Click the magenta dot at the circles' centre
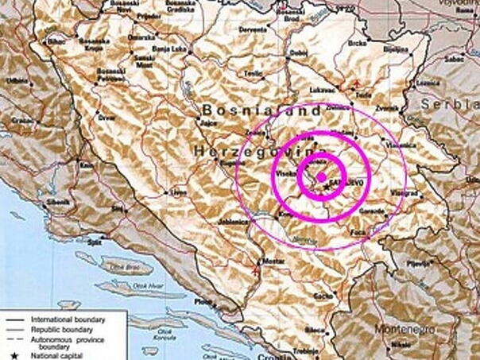[321, 176]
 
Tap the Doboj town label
[299, 53]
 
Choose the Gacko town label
[323, 296]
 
